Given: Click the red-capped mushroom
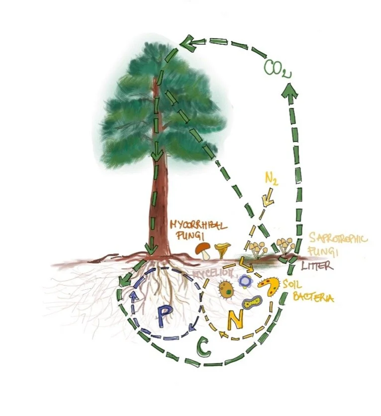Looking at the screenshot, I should (202, 250).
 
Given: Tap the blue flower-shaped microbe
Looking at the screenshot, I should (244, 281).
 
